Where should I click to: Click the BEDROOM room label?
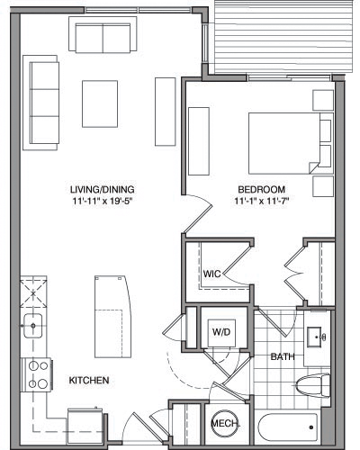coord(262,189)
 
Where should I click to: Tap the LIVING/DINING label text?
coord(101,189)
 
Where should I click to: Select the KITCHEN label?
coord(89,381)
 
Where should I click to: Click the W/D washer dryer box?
coord(220,331)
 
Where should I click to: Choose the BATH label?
coord(283,357)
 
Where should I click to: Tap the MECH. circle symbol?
coord(222,424)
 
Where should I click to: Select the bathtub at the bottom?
coord(287,427)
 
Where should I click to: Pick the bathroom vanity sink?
coord(317,336)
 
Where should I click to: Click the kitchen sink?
coord(35,325)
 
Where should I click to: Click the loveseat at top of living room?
coord(103,38)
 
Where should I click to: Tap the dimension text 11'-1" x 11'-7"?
coord(262,201)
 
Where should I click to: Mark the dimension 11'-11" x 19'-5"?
coord(101,201)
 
